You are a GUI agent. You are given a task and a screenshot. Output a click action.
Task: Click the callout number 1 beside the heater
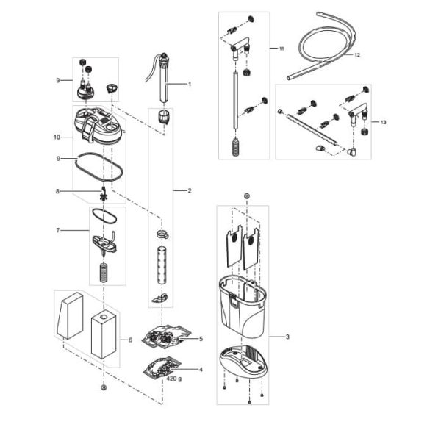click(x=190, y=84)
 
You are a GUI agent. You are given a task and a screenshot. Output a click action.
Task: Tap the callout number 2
click(x=190, y=190)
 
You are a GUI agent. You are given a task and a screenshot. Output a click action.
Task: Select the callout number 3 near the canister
click(x=287, y=337)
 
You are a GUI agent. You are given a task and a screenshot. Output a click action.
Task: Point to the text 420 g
click(x=173, y=379)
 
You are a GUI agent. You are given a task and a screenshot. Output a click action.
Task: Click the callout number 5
click(x=201, y=339)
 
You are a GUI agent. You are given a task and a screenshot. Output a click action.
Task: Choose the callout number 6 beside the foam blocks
click(x=130, y=340)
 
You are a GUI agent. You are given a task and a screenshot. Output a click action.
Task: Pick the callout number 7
click(x=58, y=230)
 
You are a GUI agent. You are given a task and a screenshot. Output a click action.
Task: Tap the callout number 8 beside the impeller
click(x=57, y=191)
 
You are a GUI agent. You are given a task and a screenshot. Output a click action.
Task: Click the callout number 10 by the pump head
click(x=57, y=137)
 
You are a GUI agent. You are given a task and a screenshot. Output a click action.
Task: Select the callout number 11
click(x=282, y=49)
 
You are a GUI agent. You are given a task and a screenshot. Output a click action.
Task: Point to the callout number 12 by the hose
click(x=357, y=55)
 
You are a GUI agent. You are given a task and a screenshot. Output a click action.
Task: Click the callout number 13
click(x=383, y=122)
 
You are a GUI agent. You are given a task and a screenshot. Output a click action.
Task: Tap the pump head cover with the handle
click(x=98, y=126)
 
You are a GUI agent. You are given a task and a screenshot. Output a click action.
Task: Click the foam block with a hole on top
click(x=104, y=337)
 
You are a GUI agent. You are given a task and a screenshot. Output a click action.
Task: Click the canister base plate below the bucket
click(x=243, y=362)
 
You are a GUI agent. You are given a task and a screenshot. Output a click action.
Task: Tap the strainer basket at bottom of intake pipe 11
click(x=236, y=146)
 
